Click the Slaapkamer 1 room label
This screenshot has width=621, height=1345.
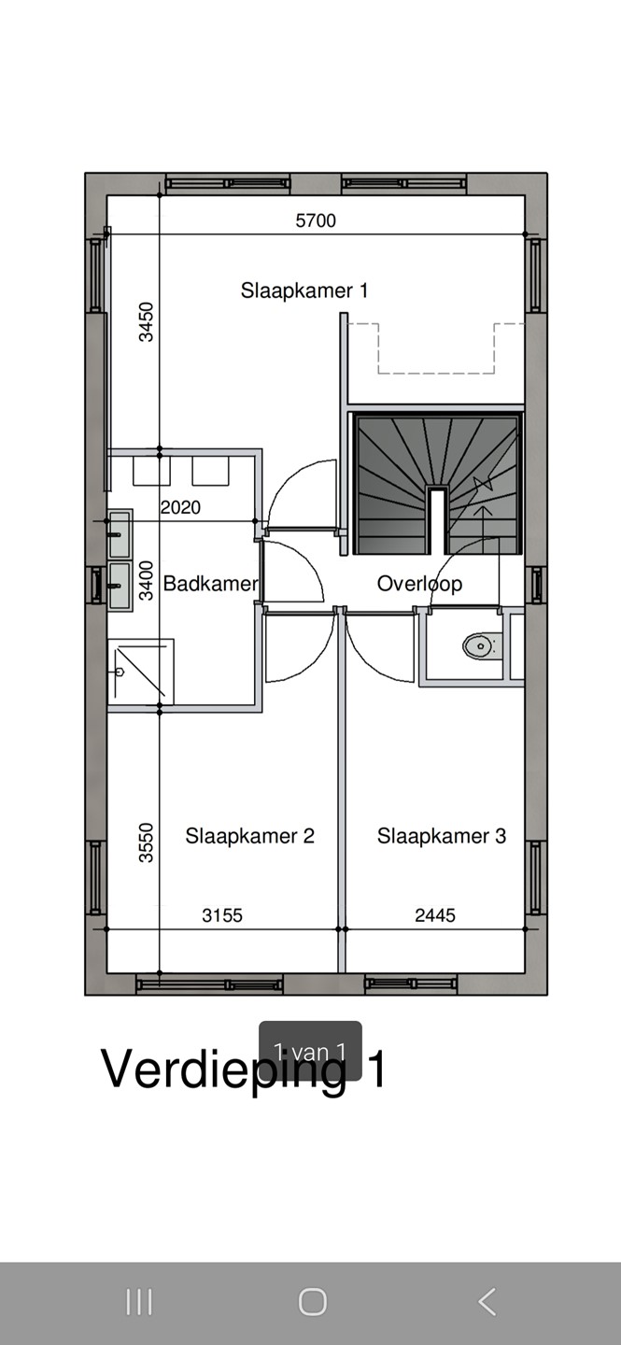tap(303, 290)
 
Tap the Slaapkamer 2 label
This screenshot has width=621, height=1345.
tap(250, 836)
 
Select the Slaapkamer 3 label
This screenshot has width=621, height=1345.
tap(442, 836)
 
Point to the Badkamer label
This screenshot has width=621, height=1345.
tap(211, 583)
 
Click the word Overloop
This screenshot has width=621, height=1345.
tap(420, 584)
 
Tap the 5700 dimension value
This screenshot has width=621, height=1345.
tap(316, 220)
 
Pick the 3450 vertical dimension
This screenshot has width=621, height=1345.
tap(146, 322)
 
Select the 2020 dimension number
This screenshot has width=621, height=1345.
tap(180, 507)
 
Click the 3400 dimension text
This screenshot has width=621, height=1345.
tap(146, 581)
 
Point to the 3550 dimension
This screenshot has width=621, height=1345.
tap(146, 842)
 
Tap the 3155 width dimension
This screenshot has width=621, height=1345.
tap(222, 915)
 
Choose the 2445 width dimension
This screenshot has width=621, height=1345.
tap(435, 915)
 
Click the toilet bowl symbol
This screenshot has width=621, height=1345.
tap(482, 645)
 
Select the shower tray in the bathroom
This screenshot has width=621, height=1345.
tap(140, 672)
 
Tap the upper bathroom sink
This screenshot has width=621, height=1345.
tap(120, 534)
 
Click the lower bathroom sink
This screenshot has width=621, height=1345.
tap(120, 587)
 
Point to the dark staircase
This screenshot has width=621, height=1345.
tap(437, 484)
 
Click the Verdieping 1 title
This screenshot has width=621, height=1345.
tap(243, 1069)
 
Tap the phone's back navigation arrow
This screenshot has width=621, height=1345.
tap(487, 1302)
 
